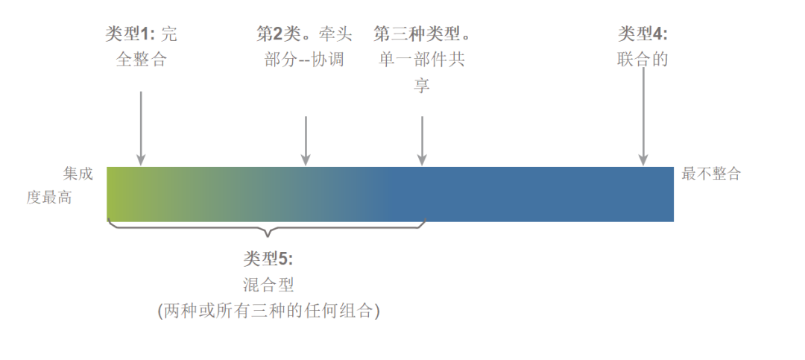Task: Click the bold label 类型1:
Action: (130, 34)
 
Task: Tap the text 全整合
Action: (142, 60)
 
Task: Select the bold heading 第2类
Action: (277, 34)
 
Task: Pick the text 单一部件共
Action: (422, 60)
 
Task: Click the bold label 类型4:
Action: (643, 34)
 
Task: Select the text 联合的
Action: (643, 60)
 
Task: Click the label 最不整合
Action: (711, 174)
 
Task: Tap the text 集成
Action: (78, 174)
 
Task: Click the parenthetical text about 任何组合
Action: (268, 311)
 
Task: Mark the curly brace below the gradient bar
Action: (266, 227)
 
